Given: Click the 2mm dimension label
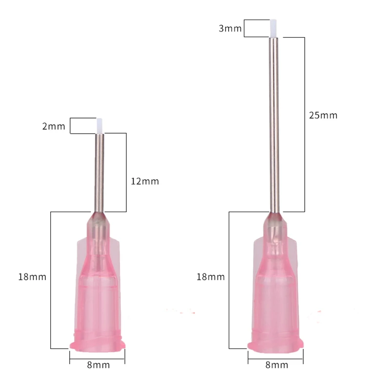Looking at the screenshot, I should (54, 126).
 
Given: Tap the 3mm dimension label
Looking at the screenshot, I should (230, 28).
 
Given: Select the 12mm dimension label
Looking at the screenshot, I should (145, 181).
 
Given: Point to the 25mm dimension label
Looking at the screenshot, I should (323, 116).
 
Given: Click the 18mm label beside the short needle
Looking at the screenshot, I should (33, 277).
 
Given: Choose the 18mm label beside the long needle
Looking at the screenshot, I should (211, 277).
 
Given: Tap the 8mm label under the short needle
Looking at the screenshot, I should (98, 365).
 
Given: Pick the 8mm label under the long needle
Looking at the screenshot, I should (276, 365).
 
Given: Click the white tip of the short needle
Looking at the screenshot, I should (100, 126).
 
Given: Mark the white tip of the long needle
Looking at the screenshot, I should (274, 28).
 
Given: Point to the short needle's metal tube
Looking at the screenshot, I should (99, 171).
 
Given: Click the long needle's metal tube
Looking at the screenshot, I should (274, 122).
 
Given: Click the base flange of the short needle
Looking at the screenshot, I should (98, 343).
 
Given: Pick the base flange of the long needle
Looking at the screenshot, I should (276, 343).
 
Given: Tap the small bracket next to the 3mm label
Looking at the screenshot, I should (245, 28).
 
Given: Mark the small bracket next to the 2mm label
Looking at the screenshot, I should (71, 126).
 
